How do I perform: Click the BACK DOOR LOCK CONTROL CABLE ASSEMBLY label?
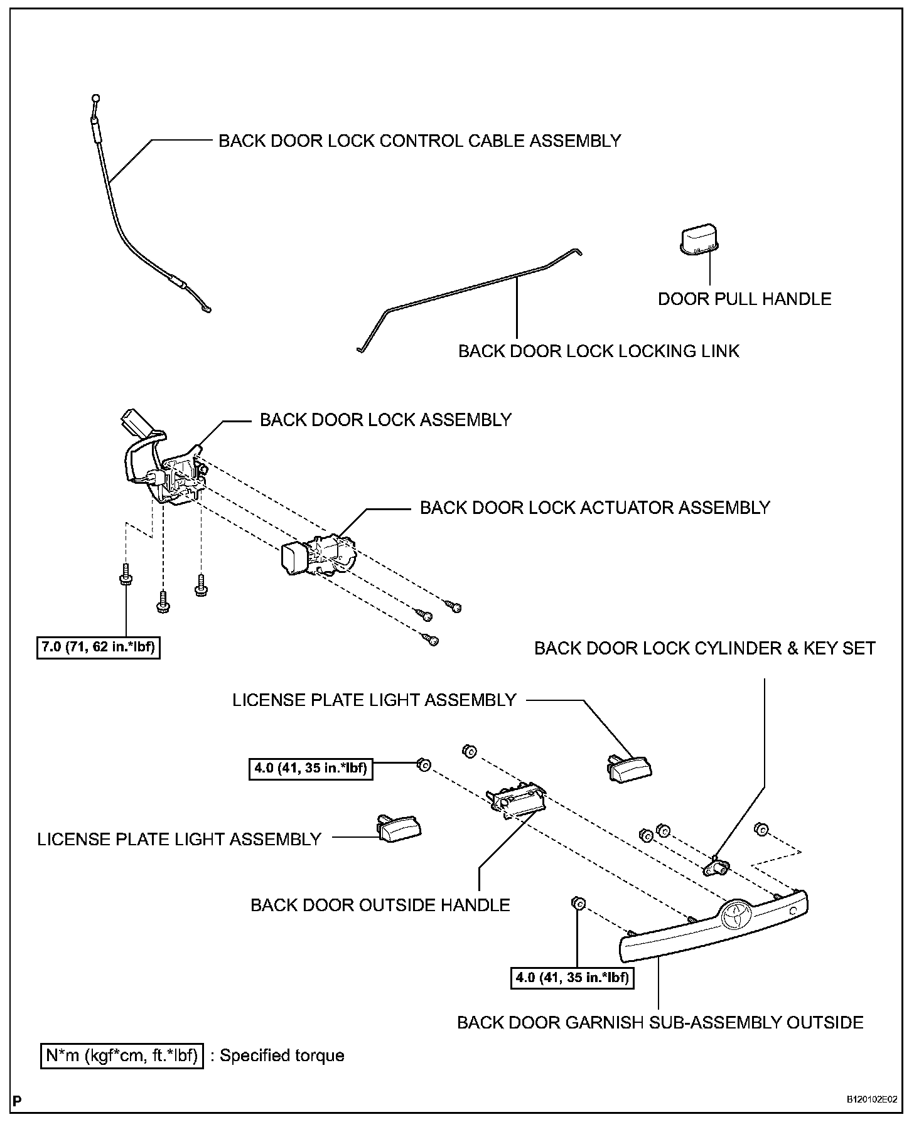pos(419,141)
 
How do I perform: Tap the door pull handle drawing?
pos(701,241)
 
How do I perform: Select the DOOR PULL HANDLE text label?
pos(744,299)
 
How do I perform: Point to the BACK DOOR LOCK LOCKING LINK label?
pos(598,351)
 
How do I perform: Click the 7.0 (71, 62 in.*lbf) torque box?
pos(97,646)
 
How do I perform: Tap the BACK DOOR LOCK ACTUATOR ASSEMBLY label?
pos(594,508)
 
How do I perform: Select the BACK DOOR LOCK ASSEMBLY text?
pos(385,420)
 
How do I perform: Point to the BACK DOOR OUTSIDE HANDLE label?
pos(380,905)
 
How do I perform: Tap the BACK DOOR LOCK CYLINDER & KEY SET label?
pos(704,648)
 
